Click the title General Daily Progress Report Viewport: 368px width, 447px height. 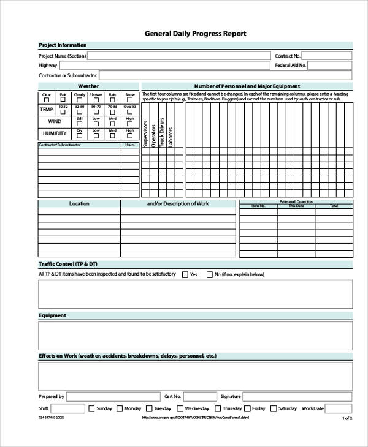195,34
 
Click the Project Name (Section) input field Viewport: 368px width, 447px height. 178,56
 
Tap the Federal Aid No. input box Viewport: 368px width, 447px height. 329,65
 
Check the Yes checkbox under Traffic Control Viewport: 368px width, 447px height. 185,274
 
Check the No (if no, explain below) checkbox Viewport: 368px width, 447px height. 209,274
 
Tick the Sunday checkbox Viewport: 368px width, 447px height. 91,408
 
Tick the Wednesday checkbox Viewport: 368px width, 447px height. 179,408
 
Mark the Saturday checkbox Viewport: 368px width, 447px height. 273,408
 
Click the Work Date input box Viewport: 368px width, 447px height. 338,408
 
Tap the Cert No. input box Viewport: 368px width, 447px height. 199,396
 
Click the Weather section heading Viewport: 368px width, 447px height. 88,86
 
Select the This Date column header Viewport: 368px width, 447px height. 296,206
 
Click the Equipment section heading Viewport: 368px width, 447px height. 53,315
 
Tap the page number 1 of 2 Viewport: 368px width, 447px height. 347,418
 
